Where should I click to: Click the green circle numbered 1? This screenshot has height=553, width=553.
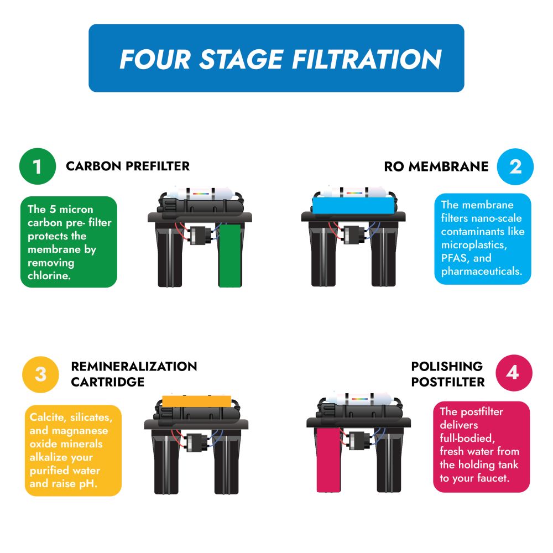(x=37, y=166)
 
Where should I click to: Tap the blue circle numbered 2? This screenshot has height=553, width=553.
(x=515, y=166)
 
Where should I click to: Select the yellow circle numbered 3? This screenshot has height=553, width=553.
(x=40, y=374)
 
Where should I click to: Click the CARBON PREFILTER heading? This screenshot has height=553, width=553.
(x=128, y=166)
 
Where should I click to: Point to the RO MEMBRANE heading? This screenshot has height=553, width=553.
(x=436, y=166)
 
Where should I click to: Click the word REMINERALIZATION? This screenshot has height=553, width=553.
(x=134, y=367)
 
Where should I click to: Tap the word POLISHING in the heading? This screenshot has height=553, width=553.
(x=447, y=366)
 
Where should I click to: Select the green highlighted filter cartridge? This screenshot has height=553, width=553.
(x=231, y=255)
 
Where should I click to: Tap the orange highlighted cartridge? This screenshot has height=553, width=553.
(x=196, y=399)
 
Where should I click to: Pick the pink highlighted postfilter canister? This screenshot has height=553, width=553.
(x=330, y=460)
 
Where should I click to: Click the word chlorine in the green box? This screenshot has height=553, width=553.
(x=49, y=275)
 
